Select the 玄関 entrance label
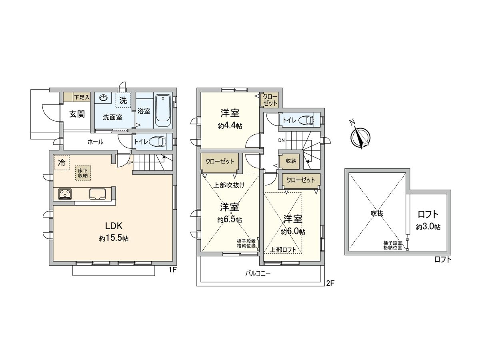coord(77,114)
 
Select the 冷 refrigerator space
coord(62,162)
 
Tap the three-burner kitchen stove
coord(65,194)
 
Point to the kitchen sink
coord(99,194)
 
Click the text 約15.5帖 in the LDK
coord(114,238)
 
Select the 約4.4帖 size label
coord(230,126)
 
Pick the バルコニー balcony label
coord(258,274)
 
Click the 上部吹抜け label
coord(229,185)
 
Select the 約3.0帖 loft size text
coord(428,227)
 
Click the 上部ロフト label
coord(283,250)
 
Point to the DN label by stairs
coord(282,140)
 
